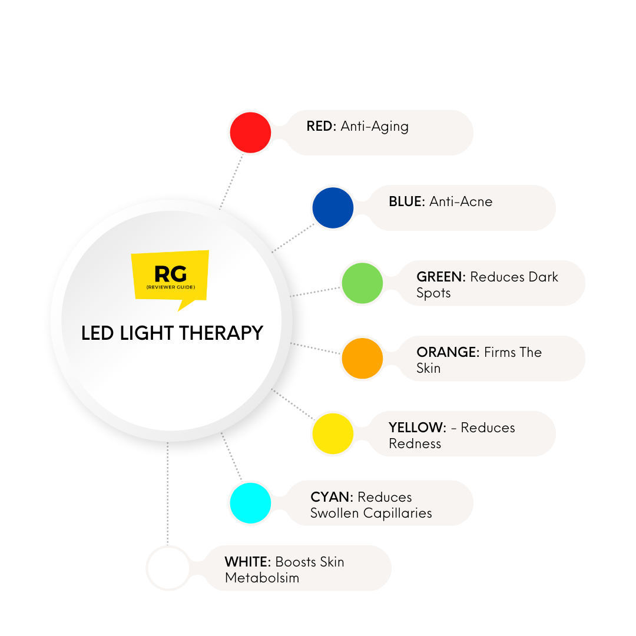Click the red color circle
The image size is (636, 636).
(x=250, y=133)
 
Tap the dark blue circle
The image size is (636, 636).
(x=333, y=208)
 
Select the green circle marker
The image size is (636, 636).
(x=362, y=283)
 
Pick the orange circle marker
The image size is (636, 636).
(x=362, y=358)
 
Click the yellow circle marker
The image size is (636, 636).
(x=333, y=433)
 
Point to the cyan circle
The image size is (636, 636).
(x=250, y=503)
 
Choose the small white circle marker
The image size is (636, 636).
(x=167, y=568)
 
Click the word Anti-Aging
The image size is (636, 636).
(x=375, y=126)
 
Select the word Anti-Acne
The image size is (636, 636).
(x=461, y=201)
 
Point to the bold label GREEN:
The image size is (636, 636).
(x=441, y=277)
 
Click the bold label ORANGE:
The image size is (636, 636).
(x=448, y=352)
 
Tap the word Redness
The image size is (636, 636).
(x=415, y=443)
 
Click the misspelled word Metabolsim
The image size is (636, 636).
(x=261, y=578)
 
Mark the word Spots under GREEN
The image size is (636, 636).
(x=433, y=293)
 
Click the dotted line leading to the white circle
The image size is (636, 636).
(x=168, y=495)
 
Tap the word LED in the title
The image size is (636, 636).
(x=96, y=333)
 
